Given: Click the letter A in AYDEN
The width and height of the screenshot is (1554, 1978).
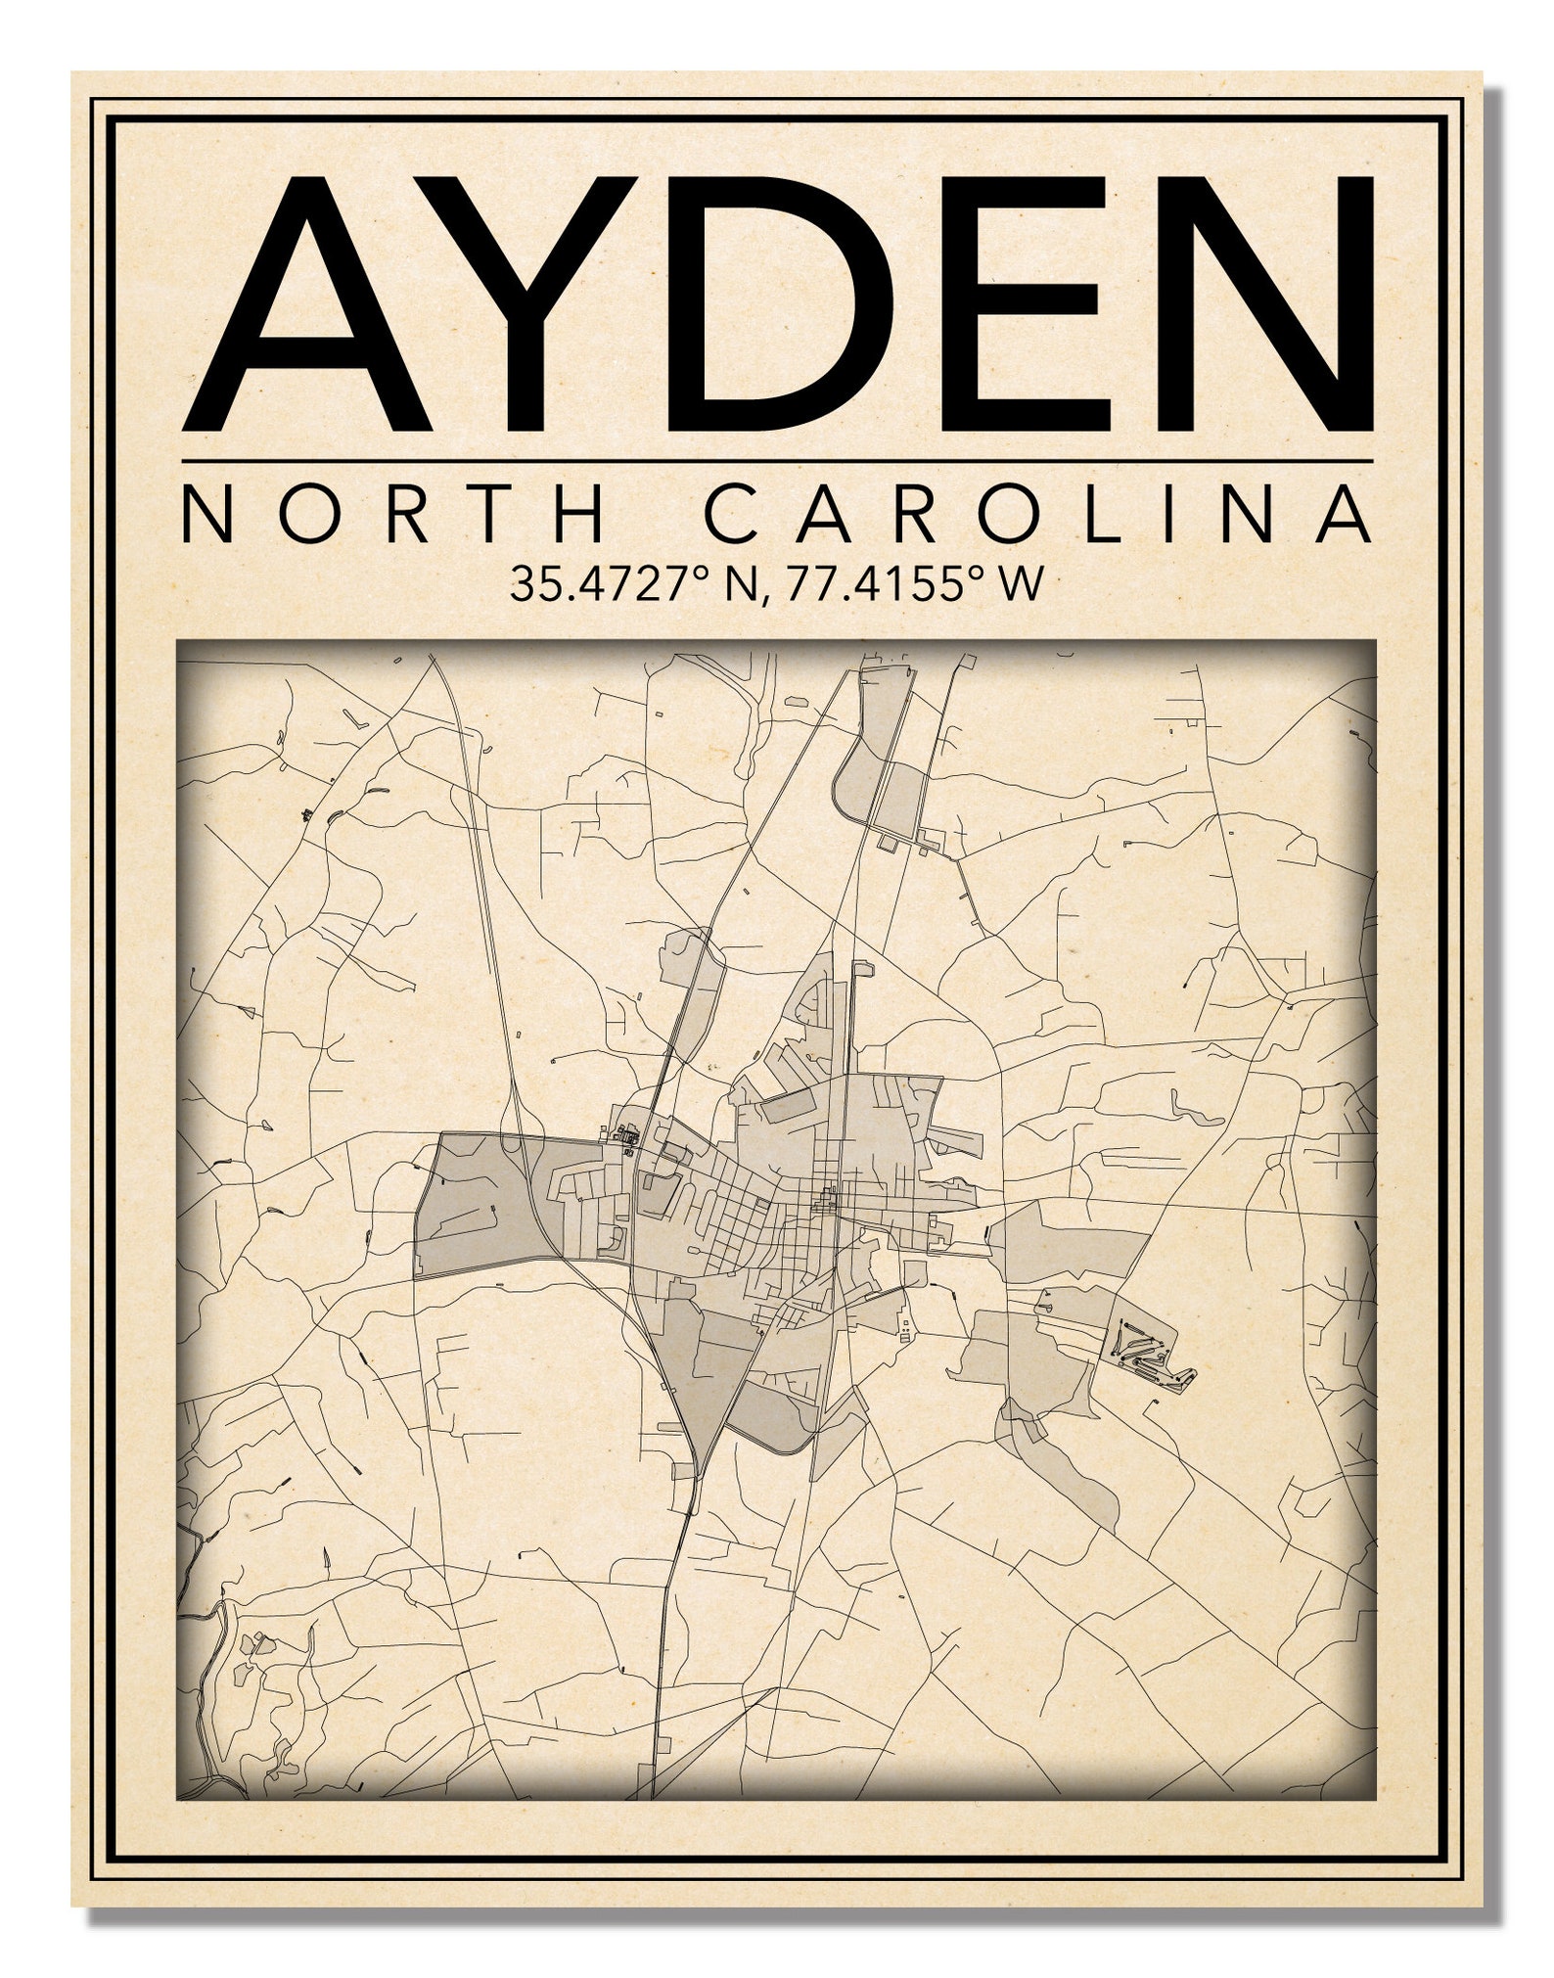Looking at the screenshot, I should tap(308, 305).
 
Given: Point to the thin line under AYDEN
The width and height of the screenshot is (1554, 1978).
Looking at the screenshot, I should tap(777, 461).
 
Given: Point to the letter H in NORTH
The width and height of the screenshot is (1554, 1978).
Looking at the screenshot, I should tap(585, 515).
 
